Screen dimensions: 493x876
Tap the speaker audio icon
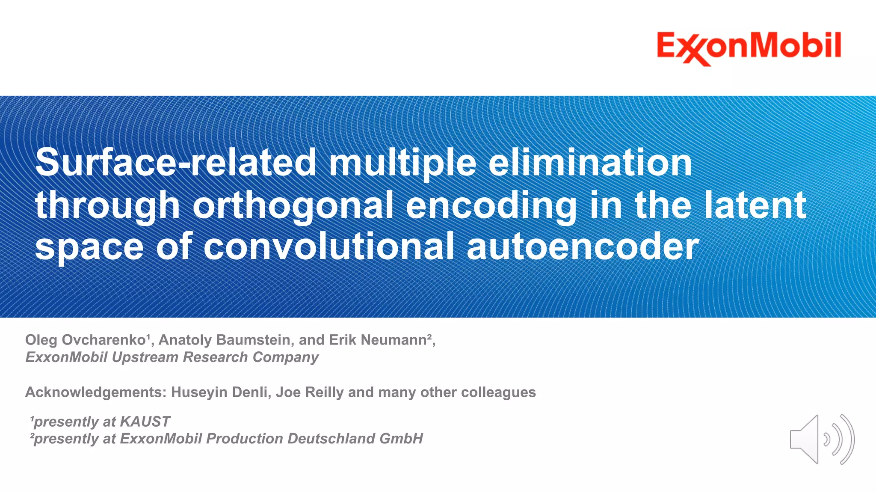click(x=821, y=439)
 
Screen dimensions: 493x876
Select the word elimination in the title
click(x=590, y=163)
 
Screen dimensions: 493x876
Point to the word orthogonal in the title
click(x=293, y=205)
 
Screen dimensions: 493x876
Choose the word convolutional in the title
click(x=328, y=247)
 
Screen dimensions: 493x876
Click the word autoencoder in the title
click(x=583, y=247)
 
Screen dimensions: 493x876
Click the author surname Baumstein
click(x=254, y=340)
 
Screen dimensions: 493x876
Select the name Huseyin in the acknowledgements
click(x=198, y=392)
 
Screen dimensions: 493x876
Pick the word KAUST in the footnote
click(x=145, y=422)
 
